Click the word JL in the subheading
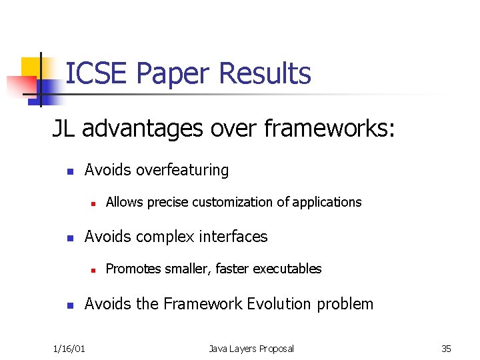click(x=65, y=128)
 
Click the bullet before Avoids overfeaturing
click(x=69, y=171)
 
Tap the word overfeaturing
click(x=182, y=170)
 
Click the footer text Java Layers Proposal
click(x=251, y=348)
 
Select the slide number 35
click(x=446, y=348)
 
